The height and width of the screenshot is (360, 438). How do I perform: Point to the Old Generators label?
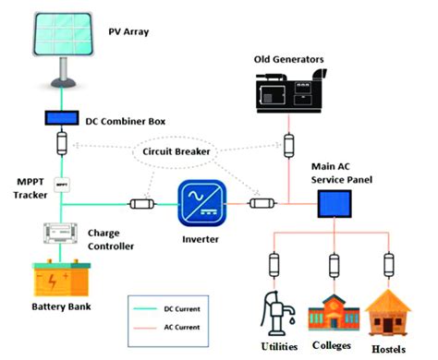point(289,60)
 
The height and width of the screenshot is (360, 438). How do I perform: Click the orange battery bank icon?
point(63,280)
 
